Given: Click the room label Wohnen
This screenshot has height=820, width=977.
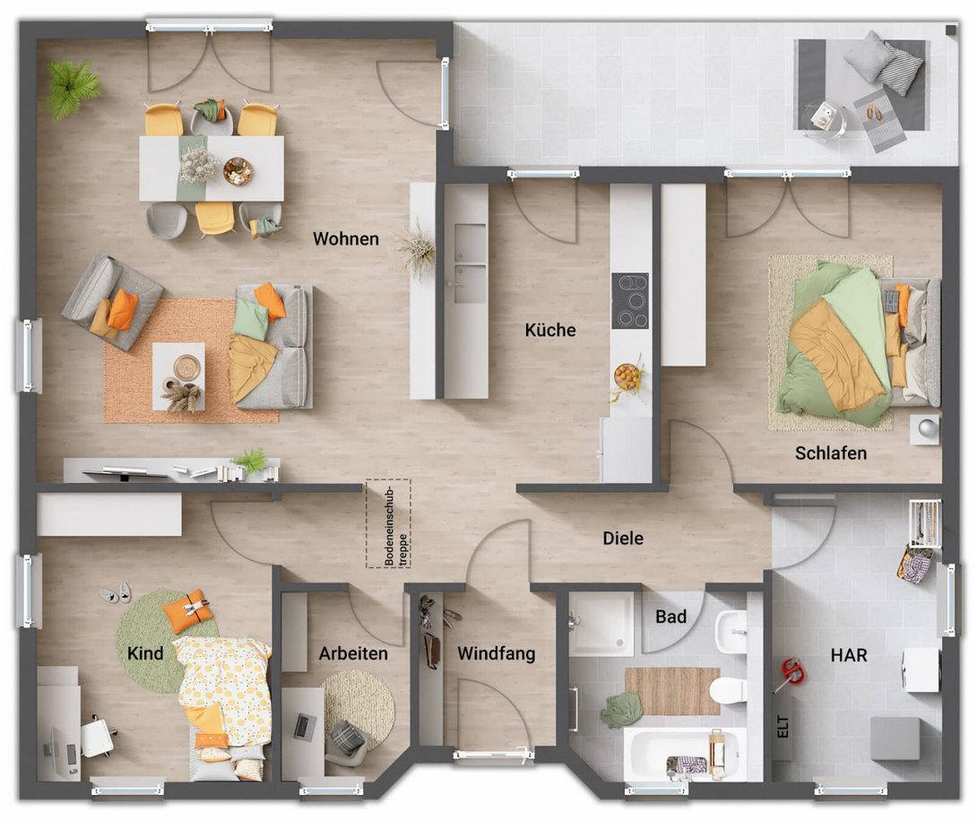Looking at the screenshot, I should click(346, 239).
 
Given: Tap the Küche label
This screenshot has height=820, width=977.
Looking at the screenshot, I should click(550, 330).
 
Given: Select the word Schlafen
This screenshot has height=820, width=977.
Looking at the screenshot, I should click(831, 453).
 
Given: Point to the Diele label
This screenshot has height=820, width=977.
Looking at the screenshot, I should click(623, 539).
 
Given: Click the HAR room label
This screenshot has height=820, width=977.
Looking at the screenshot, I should click(849, 655).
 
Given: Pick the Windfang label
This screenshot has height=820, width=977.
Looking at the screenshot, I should click(497, 654).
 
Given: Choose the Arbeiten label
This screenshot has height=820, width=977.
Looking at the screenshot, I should click(353, 653).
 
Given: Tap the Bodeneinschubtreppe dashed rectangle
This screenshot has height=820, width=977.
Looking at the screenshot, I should click(388, 523).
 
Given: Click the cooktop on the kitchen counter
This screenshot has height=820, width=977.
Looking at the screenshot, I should click(630, 300).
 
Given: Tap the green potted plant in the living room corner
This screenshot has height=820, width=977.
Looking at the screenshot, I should click(72, 87).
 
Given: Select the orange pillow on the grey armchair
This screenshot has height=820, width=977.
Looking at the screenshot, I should click(122, 310).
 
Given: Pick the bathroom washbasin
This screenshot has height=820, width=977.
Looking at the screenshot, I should click(732, 631).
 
